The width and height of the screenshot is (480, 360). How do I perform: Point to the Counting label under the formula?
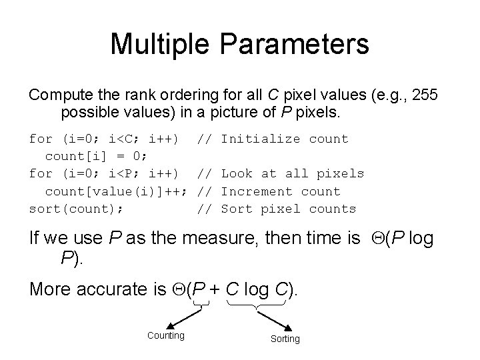(x=165, y=335)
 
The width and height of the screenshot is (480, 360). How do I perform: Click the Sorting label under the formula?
(x=285, y=339)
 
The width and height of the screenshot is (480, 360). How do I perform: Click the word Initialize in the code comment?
(x=261, y=139)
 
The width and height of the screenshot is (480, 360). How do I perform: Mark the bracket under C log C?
(x=257, y=305)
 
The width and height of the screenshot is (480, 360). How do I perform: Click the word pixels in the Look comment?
(x=340, y=174)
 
